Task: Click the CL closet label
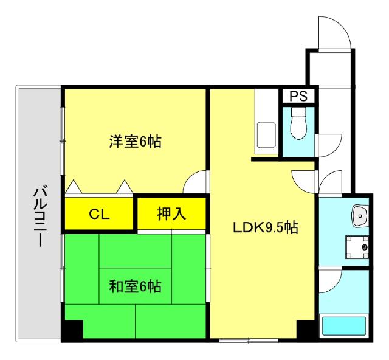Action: coord(99,213)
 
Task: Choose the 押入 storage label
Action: coord(171,213)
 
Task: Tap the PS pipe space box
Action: coord(298,96)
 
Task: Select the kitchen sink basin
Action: coord(266,133)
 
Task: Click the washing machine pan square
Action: coord(357,247)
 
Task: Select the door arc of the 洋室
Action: coord(194,182)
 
